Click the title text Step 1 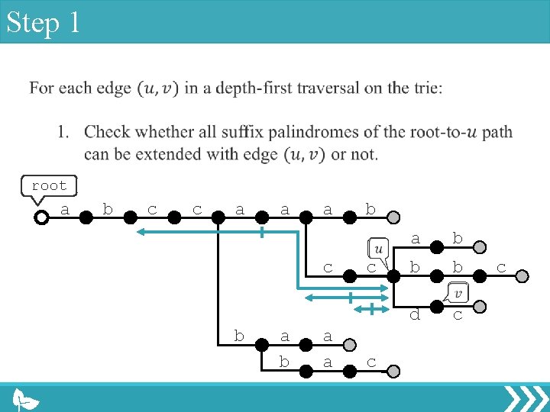tap(43, 23)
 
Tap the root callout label tap(49, 186)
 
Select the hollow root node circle tap(41, 217)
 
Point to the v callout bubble tap(459, 292)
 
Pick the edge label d tap(415, 314)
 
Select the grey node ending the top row tap(393, 217)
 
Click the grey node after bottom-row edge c tap(393, 372)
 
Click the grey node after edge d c tap(479, 307)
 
